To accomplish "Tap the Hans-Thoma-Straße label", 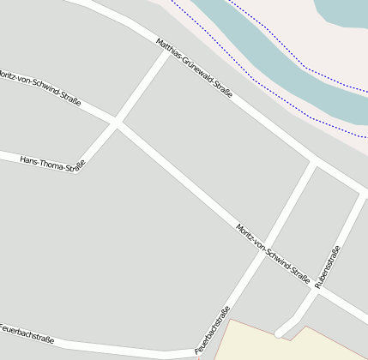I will pos(52,163).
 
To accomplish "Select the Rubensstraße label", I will pos(328,267).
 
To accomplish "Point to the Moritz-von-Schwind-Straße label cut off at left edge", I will pos(39,85).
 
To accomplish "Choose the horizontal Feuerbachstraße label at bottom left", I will pos(27,333).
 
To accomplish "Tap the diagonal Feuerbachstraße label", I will pos(213,329).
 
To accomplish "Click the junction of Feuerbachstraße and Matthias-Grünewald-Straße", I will pos(314,163).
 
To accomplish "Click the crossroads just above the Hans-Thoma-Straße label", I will pos(116,124).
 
